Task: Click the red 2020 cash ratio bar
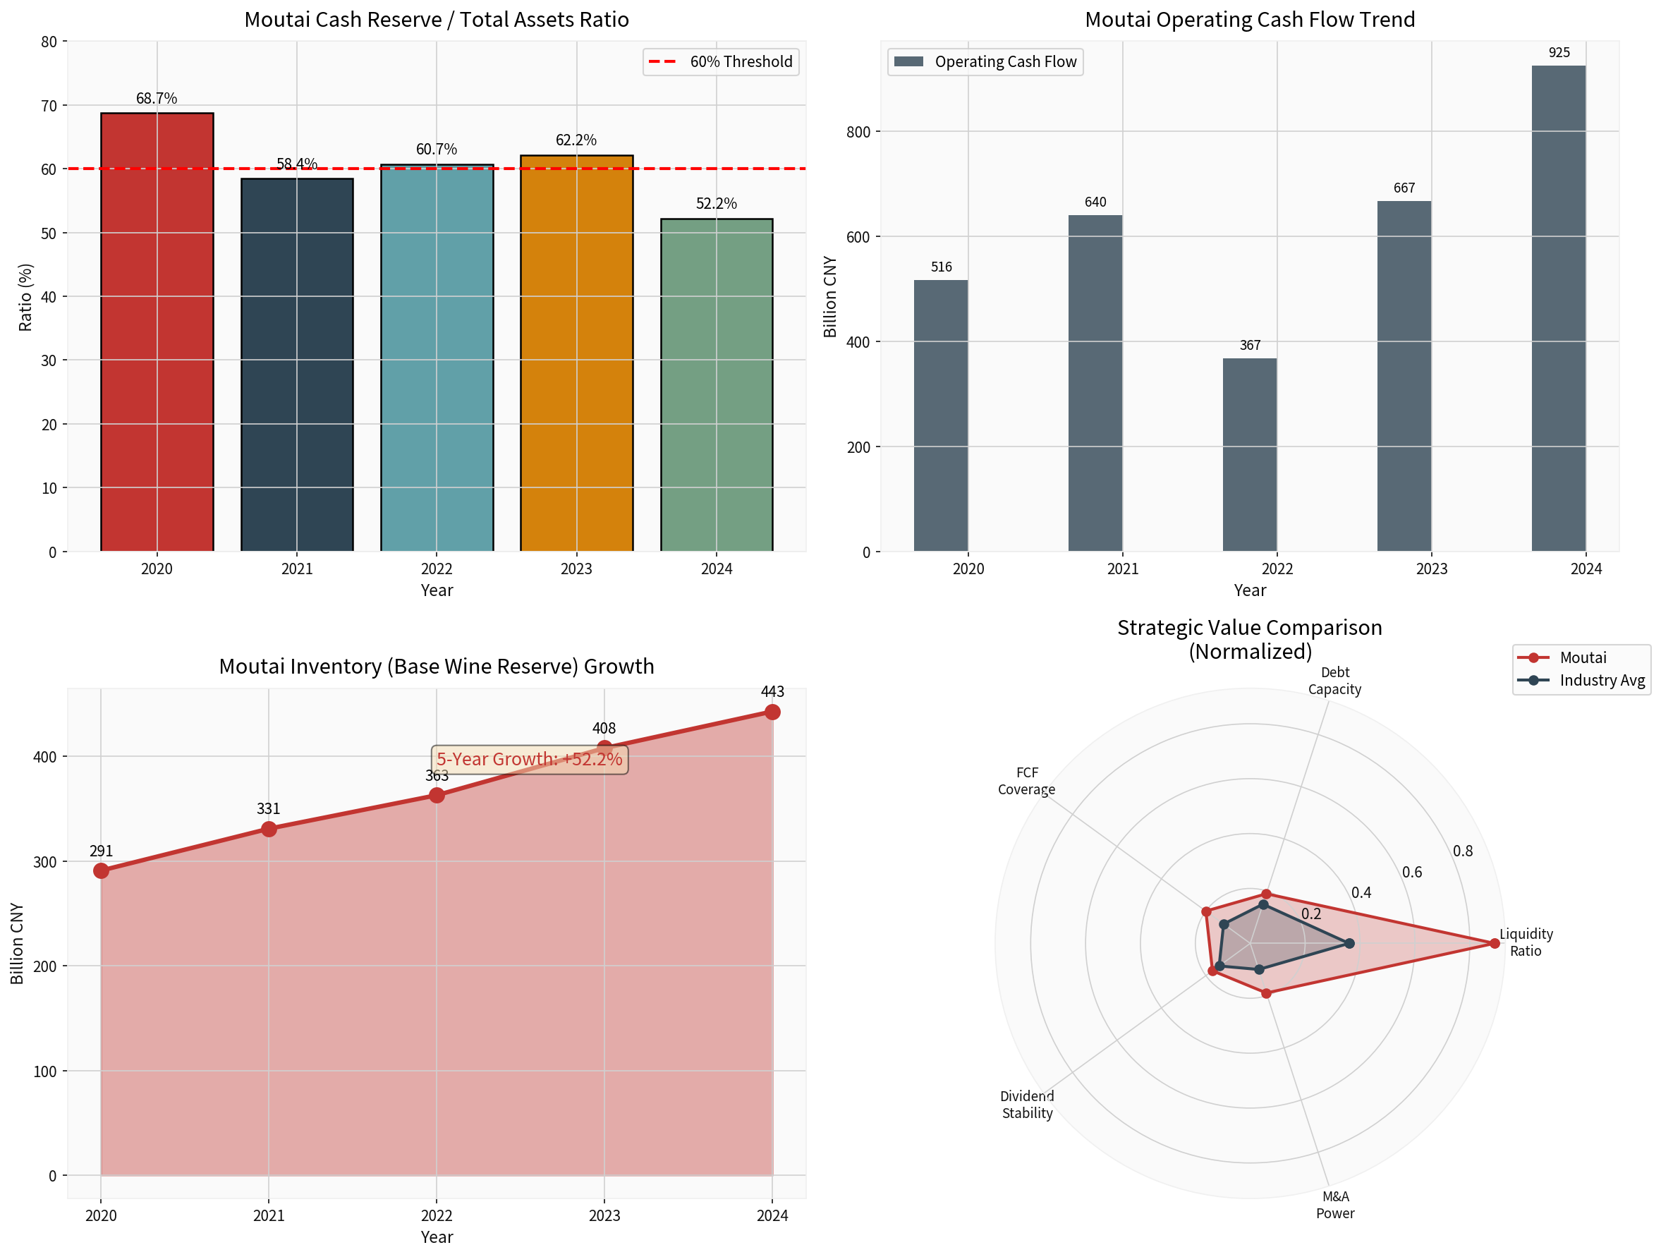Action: (x=157, y=331)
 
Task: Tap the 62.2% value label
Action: (x=576, y=140)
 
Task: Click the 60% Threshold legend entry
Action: (x=721, y=61)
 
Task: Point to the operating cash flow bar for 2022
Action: (x=1250, y=454)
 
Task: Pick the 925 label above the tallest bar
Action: (x=1559, y=53)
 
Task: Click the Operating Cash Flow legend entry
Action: (x=985, y=61)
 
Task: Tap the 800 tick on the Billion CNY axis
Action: (x=858, y=132)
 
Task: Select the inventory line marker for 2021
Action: (x=269, y=829)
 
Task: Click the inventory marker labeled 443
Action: (x=772, y=712)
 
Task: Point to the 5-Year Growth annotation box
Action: (x=530, y=759)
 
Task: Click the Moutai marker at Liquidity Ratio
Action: (x=1495, y=944)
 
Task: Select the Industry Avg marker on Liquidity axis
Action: (x=1349, y=944)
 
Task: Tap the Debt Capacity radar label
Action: (x=1334, y=680)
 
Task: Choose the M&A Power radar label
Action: (x=1335, y=1204)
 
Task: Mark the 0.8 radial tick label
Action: (x=1463, y=851)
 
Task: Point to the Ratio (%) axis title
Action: (x=25, y=298)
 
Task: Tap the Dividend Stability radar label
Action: (x=1027, y=1105)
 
